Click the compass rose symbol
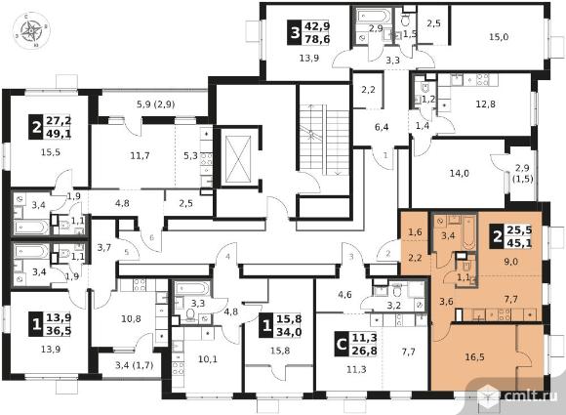pos(31,30)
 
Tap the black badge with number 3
pos(296,33)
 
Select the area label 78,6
pos(317,39)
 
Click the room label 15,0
pos(499,36)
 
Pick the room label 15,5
pos(51,152)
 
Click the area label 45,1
pos(519,243)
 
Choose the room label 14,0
pos(460,174)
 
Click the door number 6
pos(151,237)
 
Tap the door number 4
pos(227,257)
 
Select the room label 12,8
pos(486,104)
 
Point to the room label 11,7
pos(141,156)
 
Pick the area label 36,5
pos(59,330)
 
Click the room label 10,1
pos(208,359)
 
